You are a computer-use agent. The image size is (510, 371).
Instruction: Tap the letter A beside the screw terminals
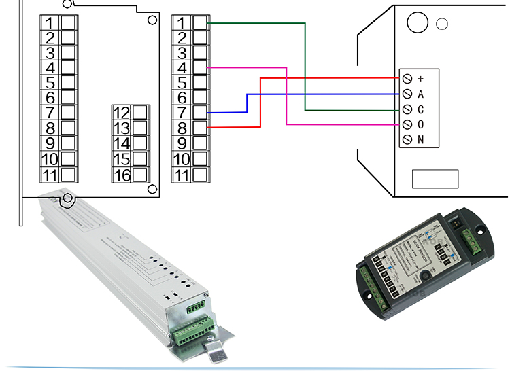coord(420,94)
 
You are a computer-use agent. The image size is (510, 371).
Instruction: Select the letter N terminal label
coord(420,139)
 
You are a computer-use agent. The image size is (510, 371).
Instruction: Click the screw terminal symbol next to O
coord(407,124)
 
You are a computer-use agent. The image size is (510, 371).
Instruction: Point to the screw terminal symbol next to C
coord(407,109)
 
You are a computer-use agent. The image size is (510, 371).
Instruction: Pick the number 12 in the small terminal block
coord(122,113)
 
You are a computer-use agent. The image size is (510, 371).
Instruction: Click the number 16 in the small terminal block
coord(122,175)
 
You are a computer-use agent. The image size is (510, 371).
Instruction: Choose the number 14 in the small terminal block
coord(122,143)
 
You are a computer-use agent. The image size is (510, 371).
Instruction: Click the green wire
coord(305,68)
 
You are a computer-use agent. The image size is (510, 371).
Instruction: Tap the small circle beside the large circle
coord(441,24)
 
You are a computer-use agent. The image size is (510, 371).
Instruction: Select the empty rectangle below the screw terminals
coord(435,179)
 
